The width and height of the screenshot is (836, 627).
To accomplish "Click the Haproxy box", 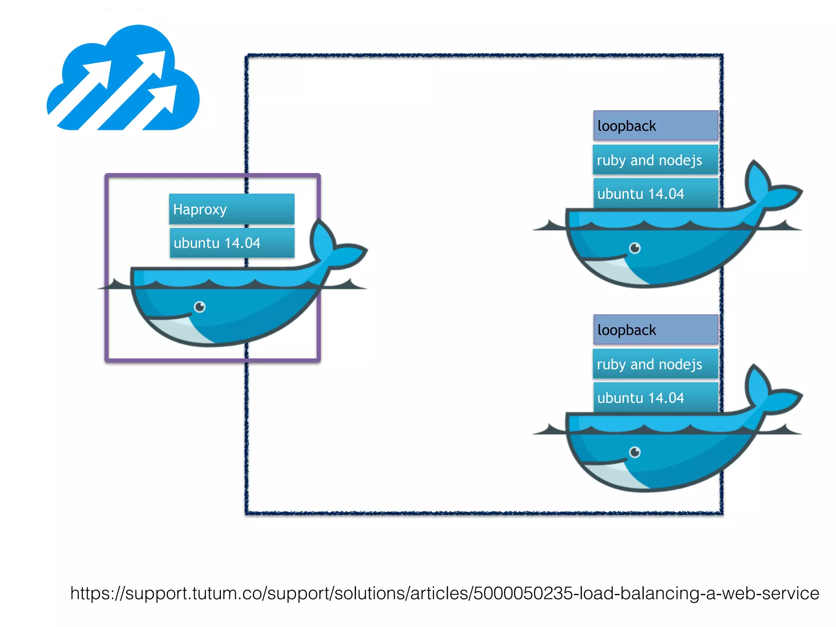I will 231,209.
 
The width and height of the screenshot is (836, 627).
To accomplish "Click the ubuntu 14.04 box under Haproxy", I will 231,243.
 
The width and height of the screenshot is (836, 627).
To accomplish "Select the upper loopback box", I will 655,126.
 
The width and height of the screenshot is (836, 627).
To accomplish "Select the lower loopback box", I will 655,330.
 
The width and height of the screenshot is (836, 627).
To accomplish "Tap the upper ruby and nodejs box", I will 655,160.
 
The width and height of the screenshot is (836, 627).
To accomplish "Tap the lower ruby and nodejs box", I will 655,364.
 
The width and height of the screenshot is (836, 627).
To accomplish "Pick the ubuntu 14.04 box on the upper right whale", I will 655,193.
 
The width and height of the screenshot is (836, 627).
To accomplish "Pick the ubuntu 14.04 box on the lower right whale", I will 655,398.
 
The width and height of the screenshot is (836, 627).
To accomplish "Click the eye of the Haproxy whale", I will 200,307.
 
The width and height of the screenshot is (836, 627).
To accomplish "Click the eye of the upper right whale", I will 635,248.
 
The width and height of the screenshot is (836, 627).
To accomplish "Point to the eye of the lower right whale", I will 635,452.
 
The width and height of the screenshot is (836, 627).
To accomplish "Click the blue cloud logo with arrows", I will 122,82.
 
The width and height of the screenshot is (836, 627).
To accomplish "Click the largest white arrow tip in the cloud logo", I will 157,61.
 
